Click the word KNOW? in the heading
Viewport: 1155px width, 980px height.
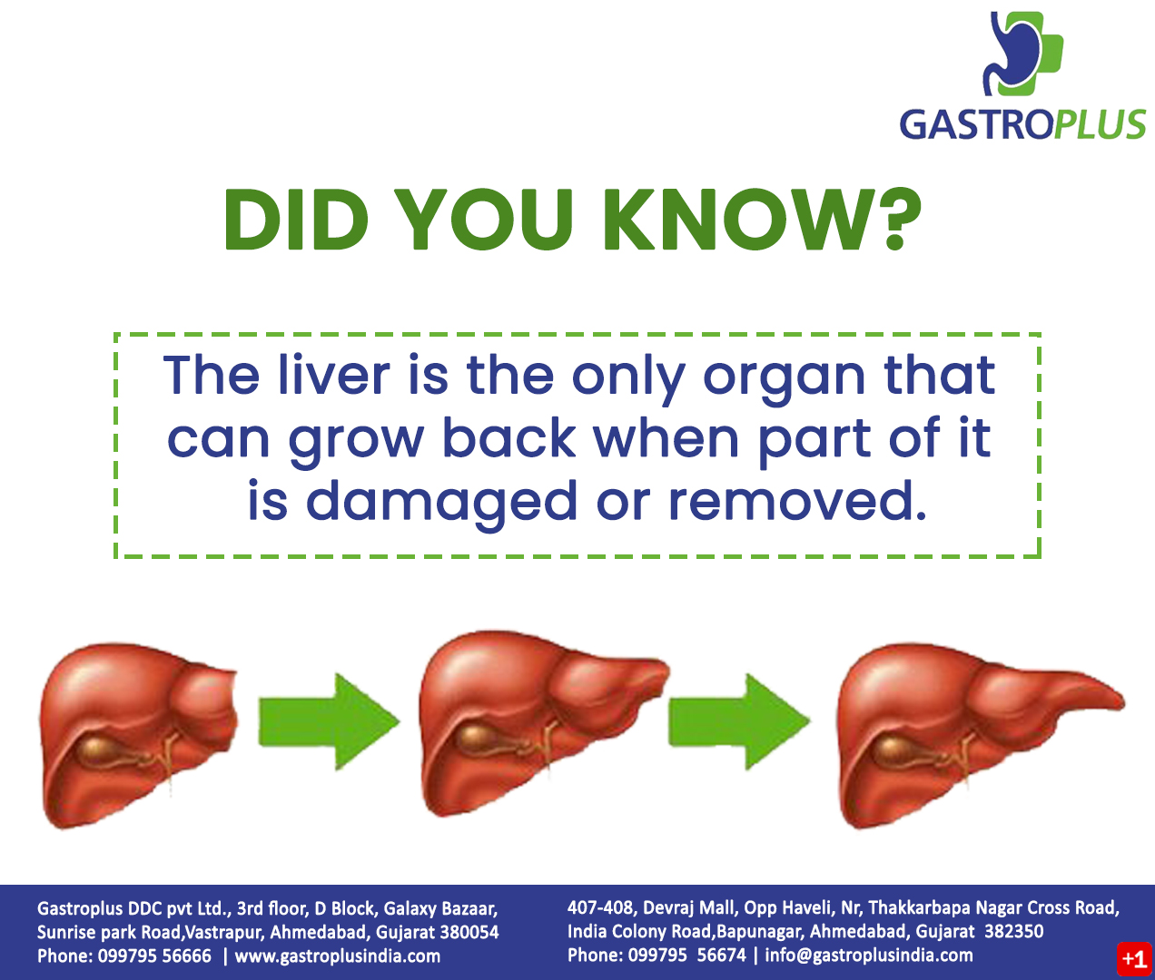coord(761,220)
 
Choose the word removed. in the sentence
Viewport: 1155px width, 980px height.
coord(797,501)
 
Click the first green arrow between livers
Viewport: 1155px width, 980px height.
coord(328,720)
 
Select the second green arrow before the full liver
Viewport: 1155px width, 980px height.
coord(738,720)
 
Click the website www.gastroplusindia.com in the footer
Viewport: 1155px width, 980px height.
coord(338,956)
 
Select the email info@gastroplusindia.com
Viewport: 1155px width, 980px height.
coord(868,955)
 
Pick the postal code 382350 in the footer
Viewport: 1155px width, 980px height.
coord(1013,932)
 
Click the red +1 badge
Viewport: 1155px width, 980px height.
coord(1133,959)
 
